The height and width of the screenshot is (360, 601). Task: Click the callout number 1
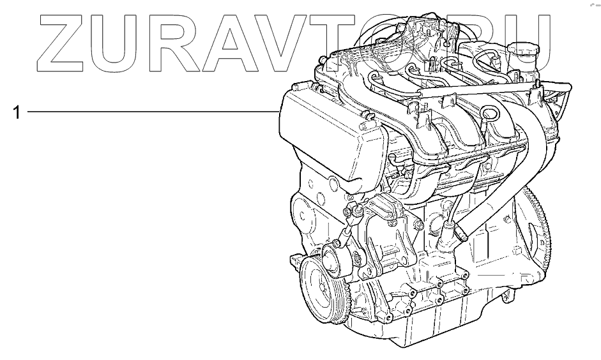pyautogui.click(x=16, y=112)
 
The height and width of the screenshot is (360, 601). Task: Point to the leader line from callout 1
pyautogui.click(x=153, y=112)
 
